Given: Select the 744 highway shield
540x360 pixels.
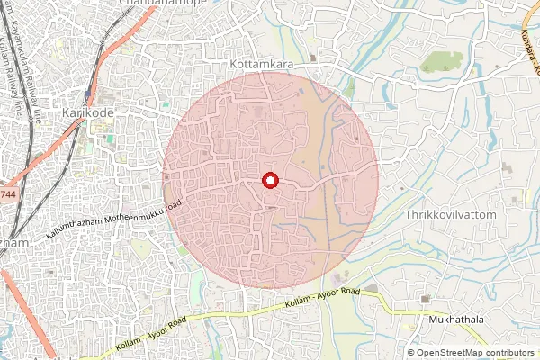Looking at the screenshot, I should (x=7, y=194).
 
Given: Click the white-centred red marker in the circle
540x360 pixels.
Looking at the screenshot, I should (x=269, y=181).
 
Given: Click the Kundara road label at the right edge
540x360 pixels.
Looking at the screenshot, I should (x=530, y=49).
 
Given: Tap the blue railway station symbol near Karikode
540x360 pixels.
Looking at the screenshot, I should (x=87, y=93).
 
